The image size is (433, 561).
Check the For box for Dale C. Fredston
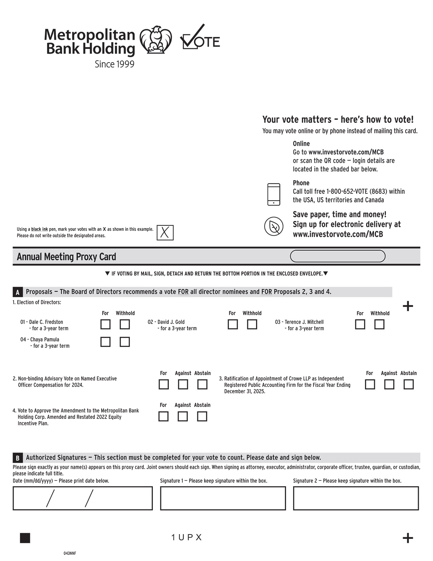(105, 324)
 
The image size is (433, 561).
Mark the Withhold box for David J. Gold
(252, 324)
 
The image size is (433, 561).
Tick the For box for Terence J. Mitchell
(360, 324)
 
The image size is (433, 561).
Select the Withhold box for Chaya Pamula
(125, 342)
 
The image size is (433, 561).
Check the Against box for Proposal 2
(183, 385)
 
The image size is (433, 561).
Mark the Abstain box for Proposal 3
(409, 385)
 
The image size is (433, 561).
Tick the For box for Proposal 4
(163, 417)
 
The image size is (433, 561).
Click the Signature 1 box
(223, 498)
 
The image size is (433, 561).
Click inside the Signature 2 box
(356, 498)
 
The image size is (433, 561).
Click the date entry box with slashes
(83, 498)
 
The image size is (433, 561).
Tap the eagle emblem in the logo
(156, 40)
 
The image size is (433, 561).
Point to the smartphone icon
(274, 194)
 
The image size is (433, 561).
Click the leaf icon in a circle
(274, 226)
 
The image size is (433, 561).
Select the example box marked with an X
(165, 233)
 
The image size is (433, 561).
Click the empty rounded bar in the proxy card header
(338, 256)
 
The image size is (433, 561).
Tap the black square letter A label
(18, 292)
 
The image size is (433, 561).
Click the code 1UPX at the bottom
(187, 538)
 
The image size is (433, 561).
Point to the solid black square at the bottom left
(25, 538)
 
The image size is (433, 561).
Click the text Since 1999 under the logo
(114, 64)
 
